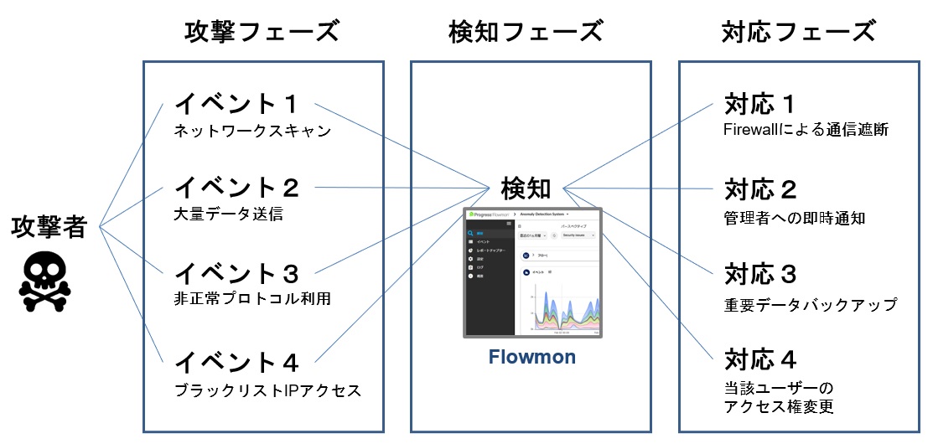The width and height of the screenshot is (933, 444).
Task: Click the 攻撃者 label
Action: [49, 227]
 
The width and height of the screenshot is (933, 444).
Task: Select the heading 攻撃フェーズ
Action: [262, 33]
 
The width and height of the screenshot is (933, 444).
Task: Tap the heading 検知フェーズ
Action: [526, 33]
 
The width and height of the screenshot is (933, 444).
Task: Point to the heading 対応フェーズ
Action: [798, 33]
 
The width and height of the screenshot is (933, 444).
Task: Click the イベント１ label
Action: [236, 105]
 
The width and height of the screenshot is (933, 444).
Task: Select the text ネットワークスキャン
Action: [253, 132]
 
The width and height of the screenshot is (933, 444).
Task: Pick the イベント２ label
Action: [236, 187]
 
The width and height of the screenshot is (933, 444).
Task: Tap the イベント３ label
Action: [236, 273]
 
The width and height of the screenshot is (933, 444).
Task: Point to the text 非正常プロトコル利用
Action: [252, 299]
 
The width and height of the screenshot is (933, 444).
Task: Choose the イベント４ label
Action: [236, 362]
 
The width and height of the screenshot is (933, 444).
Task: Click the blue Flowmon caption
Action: [532, 358]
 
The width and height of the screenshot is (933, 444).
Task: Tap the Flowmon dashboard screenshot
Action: [532, 273]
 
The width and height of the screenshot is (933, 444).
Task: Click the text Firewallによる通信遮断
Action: [805, 131]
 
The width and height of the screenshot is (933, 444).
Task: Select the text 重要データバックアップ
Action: [810, 305]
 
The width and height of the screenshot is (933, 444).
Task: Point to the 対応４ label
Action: [759, 361]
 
